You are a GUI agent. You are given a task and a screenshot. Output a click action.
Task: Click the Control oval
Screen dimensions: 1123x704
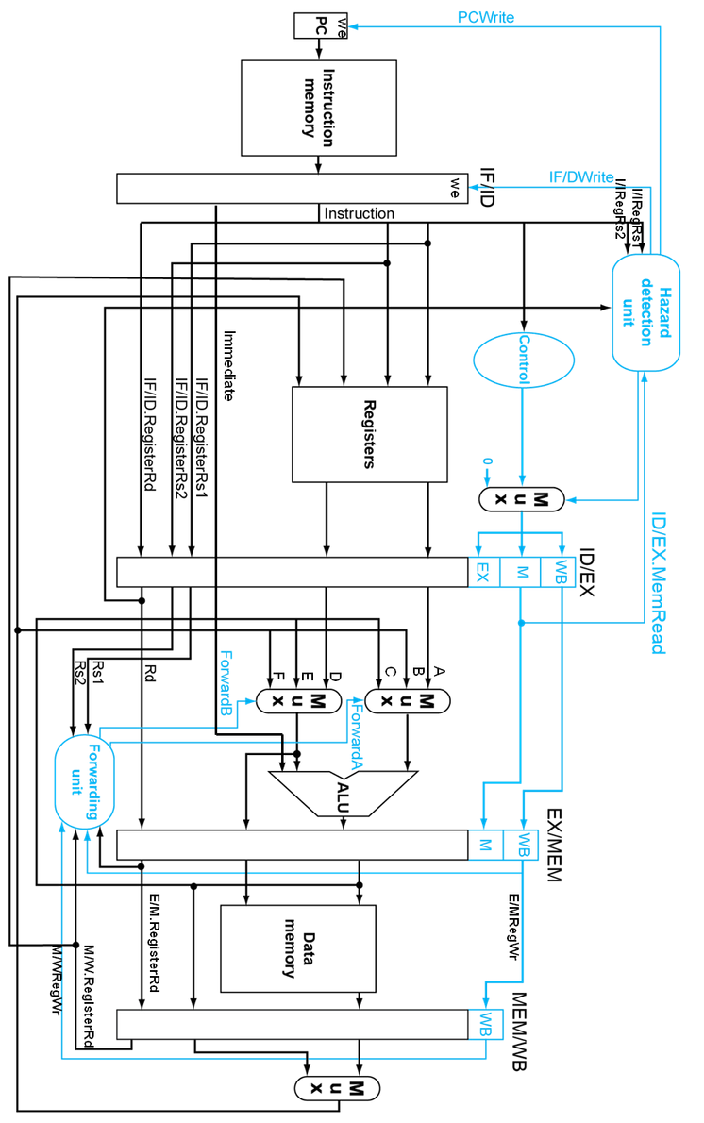(523, 360)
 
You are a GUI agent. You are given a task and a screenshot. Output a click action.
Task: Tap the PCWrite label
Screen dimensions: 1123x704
(485, 17)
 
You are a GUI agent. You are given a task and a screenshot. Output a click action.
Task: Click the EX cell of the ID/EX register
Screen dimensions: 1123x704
(482, 572)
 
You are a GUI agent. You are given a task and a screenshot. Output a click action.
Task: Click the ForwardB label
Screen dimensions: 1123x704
(226, 683)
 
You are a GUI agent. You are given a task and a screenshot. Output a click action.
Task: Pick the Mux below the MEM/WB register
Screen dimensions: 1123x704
(336, 1088)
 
